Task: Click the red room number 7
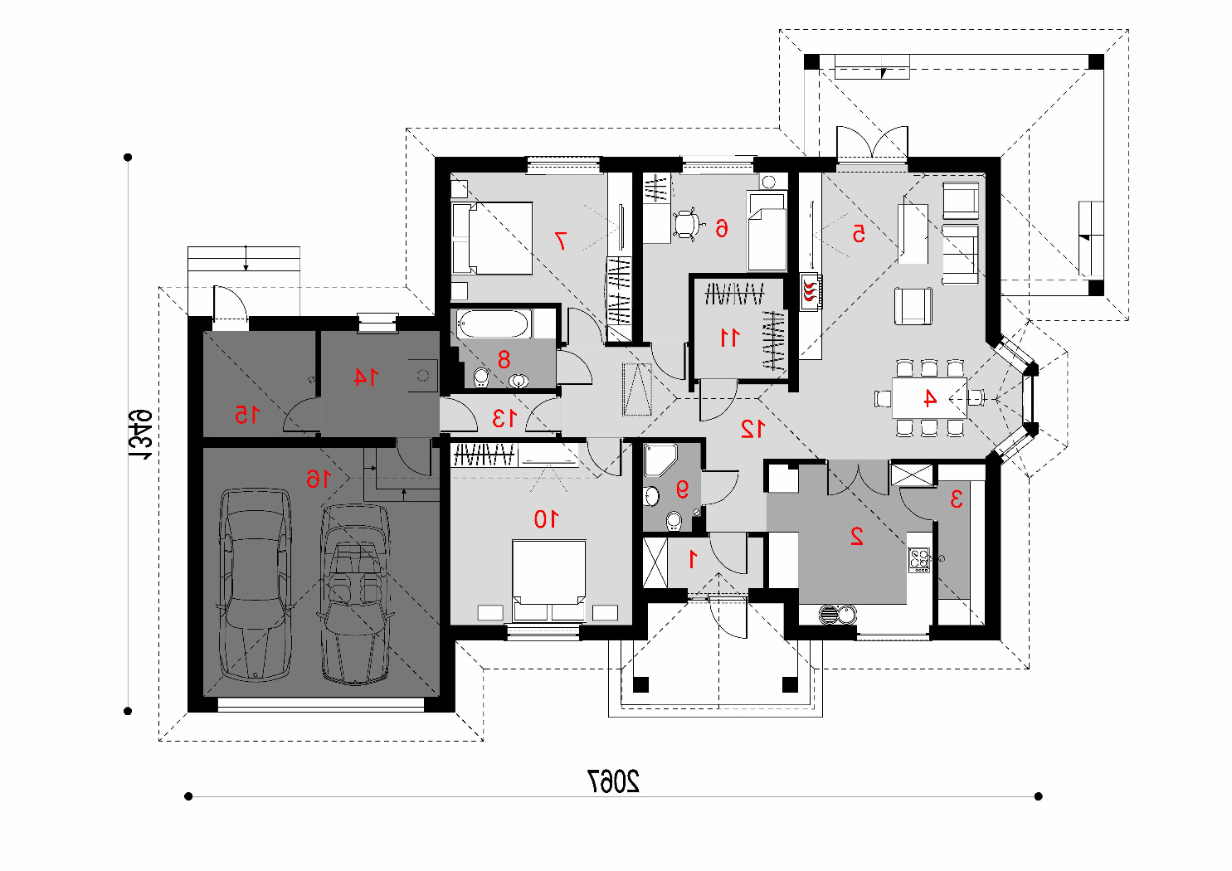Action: click(561, 241)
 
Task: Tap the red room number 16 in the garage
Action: click(319, 479)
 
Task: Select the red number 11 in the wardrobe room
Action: click(730, 338)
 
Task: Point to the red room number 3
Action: click(956, 499)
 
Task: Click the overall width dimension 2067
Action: click(614, 781)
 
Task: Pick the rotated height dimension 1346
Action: click(140, 435)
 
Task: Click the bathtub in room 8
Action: click(494, 324)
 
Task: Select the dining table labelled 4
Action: click(929, 397)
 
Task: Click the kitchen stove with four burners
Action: click(918, 560)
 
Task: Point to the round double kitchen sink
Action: click(838, 614)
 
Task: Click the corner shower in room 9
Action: click(660, 460)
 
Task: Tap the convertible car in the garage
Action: click(356, 595)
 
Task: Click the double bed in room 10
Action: click(548, 580)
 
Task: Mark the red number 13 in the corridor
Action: click(504, 418)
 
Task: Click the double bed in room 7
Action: click(492, 238)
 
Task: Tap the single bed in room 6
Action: click(767, 231)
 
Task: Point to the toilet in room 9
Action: click(674, 521)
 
